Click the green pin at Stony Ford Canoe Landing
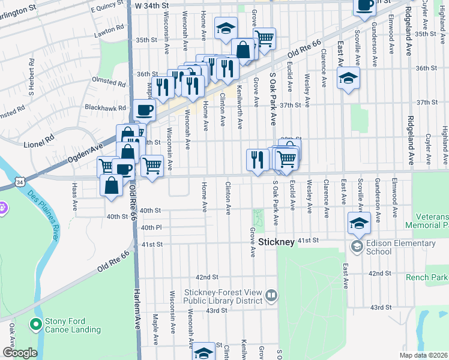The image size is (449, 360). tap(35, 325)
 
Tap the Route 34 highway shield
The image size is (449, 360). tap(20, 181)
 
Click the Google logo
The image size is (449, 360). tap(19, 352)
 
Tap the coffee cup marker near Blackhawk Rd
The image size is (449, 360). tap(144, 111)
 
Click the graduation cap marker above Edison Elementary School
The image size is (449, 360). tap(358, 223)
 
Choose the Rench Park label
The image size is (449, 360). tap(427, 277)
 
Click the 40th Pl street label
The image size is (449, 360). tap(151, 228)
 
